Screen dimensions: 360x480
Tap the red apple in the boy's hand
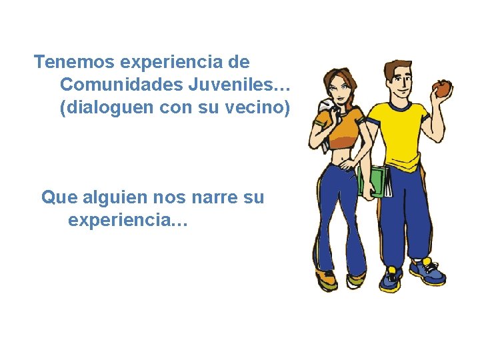coord(441,88)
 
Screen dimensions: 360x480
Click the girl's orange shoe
coord(327,277)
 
